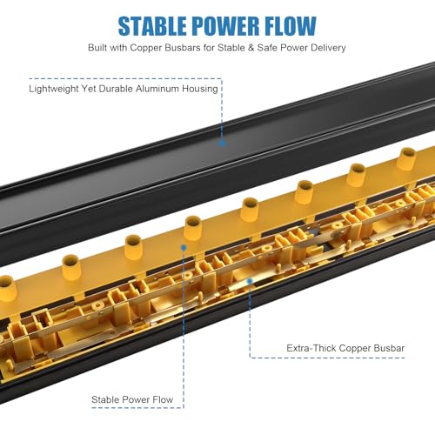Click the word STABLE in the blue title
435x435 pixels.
coord(152,26)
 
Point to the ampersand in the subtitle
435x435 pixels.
coord(251,48)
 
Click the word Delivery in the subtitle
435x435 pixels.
coord(328,48)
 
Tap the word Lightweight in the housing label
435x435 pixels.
coord(53,89)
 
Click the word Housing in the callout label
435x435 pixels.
coord(200,89)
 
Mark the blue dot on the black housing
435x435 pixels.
coord(222,143)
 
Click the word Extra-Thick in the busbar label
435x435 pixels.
coord(311,348)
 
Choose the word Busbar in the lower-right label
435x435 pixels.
coord(389,348)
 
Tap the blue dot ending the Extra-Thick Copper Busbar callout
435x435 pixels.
coord(250,281)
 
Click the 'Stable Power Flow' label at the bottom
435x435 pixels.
coord(132,400)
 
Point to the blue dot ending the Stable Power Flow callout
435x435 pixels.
coord(184,248)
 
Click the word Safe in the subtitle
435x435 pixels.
coord(267,48)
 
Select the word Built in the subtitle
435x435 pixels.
coord(97,48)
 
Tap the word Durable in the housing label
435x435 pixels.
coord(116,89)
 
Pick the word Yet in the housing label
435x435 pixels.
coord(89,89)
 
